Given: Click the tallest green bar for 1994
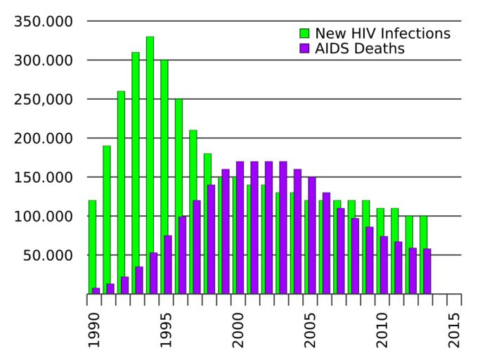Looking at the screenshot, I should click(150, 165).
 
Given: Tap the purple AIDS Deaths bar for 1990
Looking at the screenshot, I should click(96, 290).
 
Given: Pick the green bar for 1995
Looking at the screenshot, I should click(164, 176).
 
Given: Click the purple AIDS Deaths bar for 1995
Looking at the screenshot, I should click(168, 264).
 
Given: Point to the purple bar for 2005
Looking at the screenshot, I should click(312, 236).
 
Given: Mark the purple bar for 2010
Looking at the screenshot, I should click(384, 265).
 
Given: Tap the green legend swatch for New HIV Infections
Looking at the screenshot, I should click(304, 33).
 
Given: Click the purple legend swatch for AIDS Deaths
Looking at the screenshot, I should click(304, 49).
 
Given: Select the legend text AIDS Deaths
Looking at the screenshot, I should click(359, 49).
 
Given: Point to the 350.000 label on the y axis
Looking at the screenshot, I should click(44, 22).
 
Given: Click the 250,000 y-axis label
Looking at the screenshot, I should click(44, 99).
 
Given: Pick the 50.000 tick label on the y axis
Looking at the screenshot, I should click(47, 255).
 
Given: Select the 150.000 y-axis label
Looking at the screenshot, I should click(44, 177).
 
